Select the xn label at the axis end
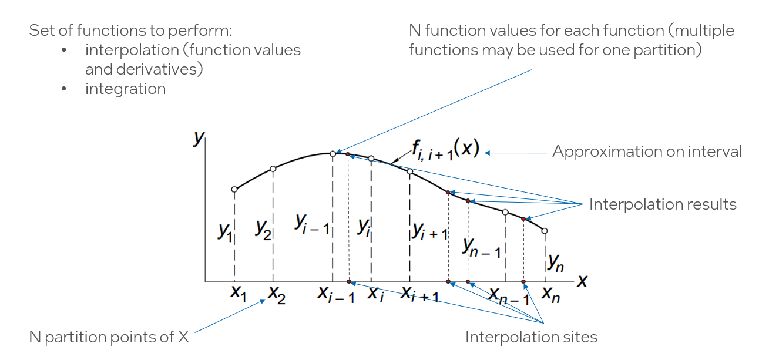pos(550,293)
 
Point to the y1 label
pos(225,231)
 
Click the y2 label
pos(264,228)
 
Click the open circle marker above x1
pos(234,189)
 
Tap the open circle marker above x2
pos(273,169)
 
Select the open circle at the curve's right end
pos(545,231)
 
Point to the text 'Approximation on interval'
pos(647,152)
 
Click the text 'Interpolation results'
pos(663,204)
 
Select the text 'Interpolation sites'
pos(531,337)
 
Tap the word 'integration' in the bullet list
pos(125,89)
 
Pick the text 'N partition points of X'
pos(110,337)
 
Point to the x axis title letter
pos(582,281)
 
